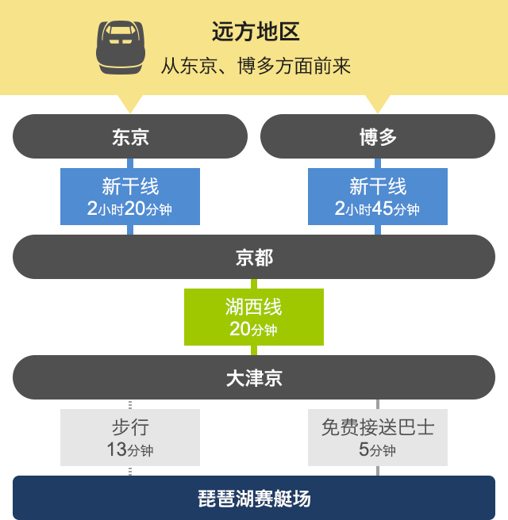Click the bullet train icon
click(121, 48)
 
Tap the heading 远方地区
click(256, 32)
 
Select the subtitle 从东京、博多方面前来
click(256, 66)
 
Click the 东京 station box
click(130, 136)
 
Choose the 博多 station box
click(378, 136)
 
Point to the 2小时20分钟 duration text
click(129, 209)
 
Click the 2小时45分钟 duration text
click(377, 209)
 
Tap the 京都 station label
click(254, 258)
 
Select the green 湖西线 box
click(254, 317)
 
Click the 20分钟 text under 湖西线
click(253, 329)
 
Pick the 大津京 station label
click(254, 378)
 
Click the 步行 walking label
click(130, 427)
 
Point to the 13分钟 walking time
click(130, 450)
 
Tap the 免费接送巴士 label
click(378, 427)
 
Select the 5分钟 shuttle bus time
click(377, 450)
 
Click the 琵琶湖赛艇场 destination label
click(254, 499)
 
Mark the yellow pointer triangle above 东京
click(130, 104)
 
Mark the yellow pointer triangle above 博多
click(378, 104)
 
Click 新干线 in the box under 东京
click(130, 186)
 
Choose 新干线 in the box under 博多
click(378, 186)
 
